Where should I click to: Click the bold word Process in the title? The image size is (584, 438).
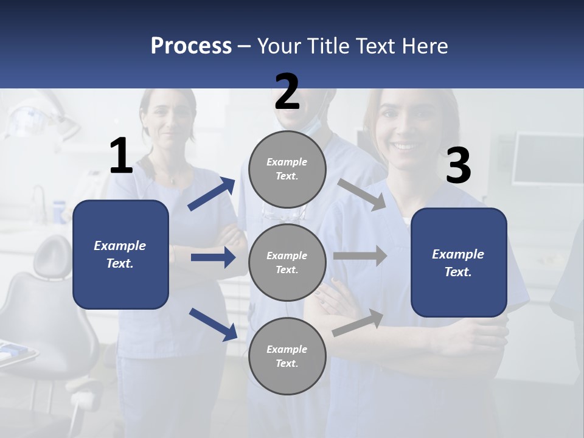click(x=191, y=46)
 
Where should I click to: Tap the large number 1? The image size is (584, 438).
click(x=121, y=156)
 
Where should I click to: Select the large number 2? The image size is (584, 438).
click(x=287, y=92)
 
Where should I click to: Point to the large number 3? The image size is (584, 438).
click(x=458, y=166)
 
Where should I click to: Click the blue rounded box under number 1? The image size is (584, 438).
click(x=120, y=254)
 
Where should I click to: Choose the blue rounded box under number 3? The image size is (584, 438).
click(x=459, y=262)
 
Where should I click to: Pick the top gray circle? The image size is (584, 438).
click(x=287, y=169)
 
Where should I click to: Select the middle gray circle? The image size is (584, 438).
click(x=287, y=262)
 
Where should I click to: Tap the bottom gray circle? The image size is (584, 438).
click(x=287, y=356)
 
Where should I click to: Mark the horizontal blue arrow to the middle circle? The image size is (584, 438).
click(x=213, y=257)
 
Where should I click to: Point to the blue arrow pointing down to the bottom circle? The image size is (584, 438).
click(x=213, y=324)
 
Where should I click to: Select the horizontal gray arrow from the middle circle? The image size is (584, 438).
click(x=360, y=256)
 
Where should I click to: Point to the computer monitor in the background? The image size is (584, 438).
click(x=547, y=159)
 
